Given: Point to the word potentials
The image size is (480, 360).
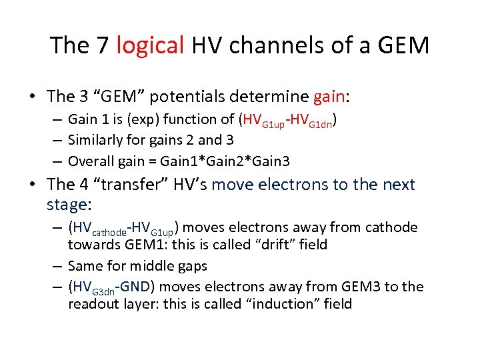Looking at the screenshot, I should pyautogui.click(x=189, y=97).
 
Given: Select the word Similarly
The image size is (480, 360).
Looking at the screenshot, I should pyautogui.click(x=97, y=141).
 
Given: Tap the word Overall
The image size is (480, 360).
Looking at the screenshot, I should pyautogui.click(x=91, y=161).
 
